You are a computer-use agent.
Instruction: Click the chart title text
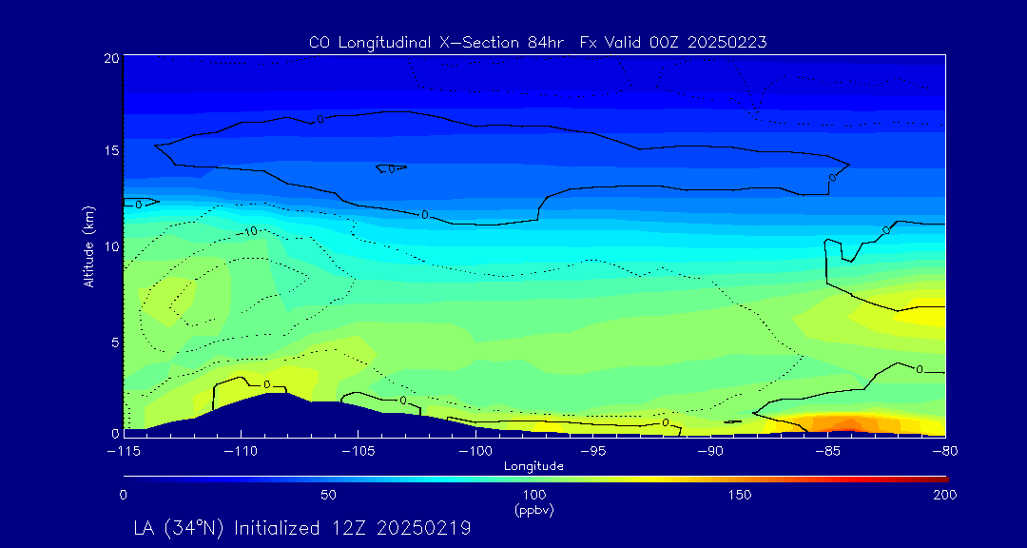click(x=537, y=42)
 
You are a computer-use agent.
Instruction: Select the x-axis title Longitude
click(x=533, y=465)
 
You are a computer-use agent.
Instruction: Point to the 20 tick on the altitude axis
click(x=111, y=58)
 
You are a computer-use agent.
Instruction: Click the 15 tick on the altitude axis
click(x=111, y=150)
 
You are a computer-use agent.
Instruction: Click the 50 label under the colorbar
click(x=328, y=495)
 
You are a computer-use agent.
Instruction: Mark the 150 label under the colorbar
click(x=740, y=495)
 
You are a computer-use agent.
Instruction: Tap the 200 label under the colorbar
click(x=944, y=495)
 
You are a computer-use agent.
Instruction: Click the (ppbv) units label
click(x=533, y=510)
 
